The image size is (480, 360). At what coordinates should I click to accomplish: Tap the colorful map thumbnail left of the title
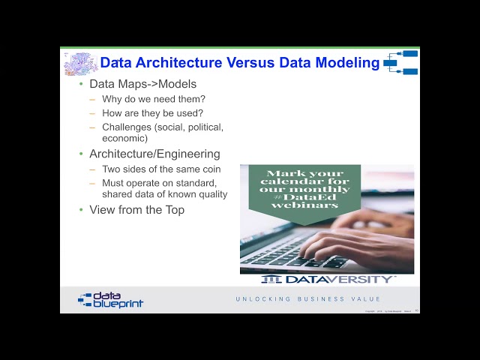(79, 64)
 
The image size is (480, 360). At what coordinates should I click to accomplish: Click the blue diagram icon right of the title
(401, 63)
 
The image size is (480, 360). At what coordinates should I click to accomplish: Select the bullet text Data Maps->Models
(142, 84)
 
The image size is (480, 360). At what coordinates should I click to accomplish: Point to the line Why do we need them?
(154, 99)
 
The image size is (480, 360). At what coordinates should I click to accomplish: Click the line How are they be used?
(152, 113)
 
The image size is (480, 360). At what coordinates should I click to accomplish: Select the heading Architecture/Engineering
(154, 154)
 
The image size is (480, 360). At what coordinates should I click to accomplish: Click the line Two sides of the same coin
(161, 169)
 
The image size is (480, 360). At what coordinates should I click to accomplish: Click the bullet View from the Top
(136, 210)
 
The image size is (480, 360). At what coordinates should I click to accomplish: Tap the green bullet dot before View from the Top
(82, 210)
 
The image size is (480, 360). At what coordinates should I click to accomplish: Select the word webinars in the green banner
(294, 205)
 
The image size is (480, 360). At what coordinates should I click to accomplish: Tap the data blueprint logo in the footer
(110, 300)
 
